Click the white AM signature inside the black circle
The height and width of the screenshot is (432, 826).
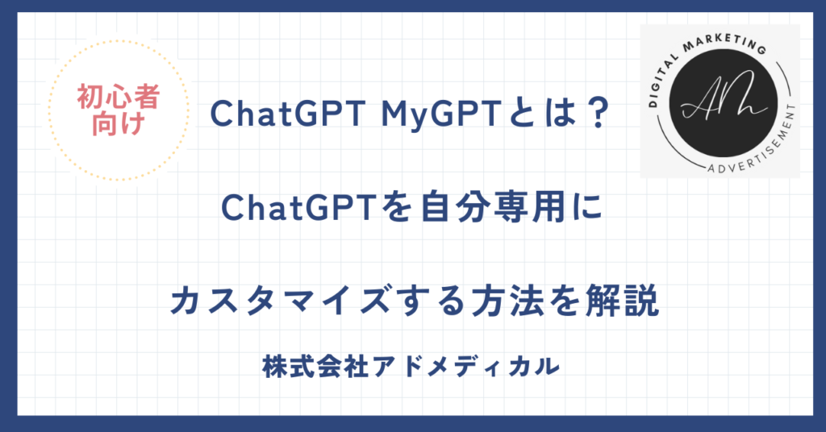720,101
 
